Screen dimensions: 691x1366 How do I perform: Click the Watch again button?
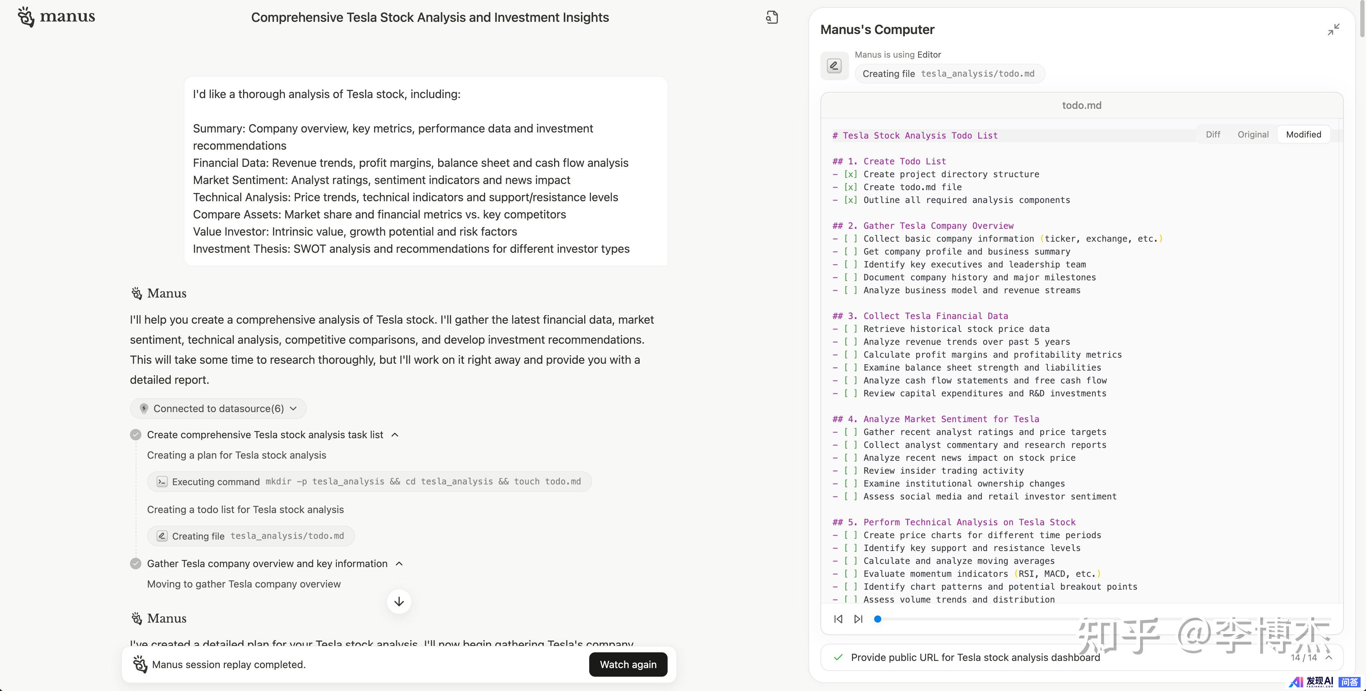click(628, 665)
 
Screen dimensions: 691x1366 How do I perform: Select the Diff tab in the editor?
click(1213, 135)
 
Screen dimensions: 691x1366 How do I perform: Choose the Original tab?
click(1253, 135)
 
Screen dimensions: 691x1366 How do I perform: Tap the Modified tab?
click(1303, 135)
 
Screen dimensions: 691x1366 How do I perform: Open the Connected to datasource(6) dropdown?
click(218, 409)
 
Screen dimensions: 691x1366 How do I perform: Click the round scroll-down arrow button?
click(399, 601)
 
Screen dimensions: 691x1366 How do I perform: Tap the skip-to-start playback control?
click(838, 619)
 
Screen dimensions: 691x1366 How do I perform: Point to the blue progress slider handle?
click(878, 619)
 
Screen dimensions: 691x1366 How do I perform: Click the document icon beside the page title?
click(771, 18)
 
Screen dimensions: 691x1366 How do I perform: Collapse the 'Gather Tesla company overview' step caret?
click(399, 564)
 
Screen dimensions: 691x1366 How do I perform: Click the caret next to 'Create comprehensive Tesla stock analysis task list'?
click(394, 435)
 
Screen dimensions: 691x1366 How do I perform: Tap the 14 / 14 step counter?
click(1303, 658)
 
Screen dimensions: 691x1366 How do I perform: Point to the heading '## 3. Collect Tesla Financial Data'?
click(920, 316)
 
